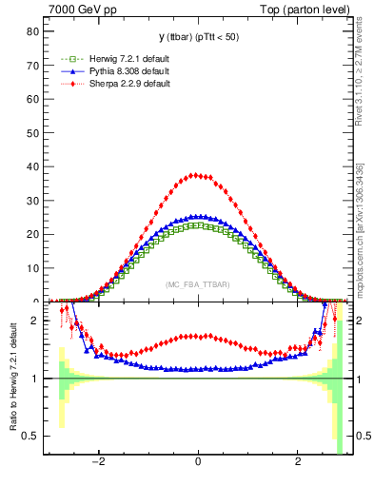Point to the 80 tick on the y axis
click(31, 31)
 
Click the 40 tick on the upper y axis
click(31, 166)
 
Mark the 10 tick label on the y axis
click(31, 268)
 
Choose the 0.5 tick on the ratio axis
click(30, 436)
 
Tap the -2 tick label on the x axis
click(98, 466)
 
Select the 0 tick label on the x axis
click(197, 466)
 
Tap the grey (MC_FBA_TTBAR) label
click(198, 285)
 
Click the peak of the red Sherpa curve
click(197, 175)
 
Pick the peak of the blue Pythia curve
click(197, 216)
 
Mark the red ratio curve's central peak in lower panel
click(197, 335)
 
